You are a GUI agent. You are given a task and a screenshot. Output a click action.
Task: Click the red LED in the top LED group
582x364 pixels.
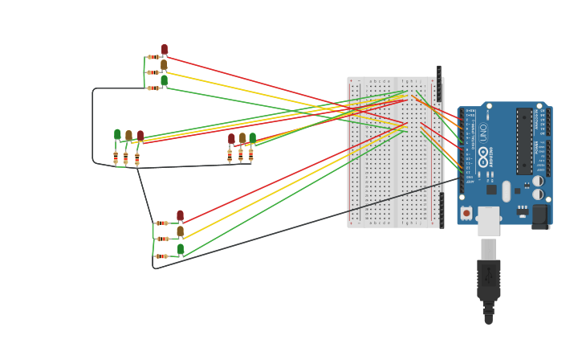pos(165,50)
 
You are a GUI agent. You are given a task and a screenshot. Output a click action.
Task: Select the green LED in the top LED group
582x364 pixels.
pos(164,80)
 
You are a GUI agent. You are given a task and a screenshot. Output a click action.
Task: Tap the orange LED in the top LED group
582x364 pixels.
pos(164,65)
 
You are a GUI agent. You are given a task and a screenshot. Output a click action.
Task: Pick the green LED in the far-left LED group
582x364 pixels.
pos(117,134)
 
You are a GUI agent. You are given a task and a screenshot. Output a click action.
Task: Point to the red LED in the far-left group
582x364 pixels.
pos(140,136)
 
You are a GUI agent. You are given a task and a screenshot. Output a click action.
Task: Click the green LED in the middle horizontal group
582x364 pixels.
pos(252,137)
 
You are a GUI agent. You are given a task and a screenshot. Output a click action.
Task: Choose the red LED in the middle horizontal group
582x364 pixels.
pos(231,138)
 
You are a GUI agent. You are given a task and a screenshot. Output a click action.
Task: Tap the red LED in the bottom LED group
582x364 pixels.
pos(180,215)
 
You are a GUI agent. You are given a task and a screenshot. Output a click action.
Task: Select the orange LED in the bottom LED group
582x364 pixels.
pos(180,231)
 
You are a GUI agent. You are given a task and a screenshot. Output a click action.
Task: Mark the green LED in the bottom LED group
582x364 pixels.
pos(181,249)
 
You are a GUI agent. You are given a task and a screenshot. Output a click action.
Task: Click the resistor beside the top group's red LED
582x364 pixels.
pos(153,57)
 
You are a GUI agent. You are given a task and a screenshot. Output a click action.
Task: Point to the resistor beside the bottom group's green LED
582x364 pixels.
pos(161,256)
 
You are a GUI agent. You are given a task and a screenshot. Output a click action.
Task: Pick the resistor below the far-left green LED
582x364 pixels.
pos(116,157)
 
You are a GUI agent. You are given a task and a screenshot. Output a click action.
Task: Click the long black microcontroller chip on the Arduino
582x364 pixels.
pos(524,141)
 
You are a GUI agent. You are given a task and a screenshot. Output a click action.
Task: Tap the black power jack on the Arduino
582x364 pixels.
pos(540,215)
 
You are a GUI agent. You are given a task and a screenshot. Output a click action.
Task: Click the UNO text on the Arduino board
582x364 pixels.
pos(483,132)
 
